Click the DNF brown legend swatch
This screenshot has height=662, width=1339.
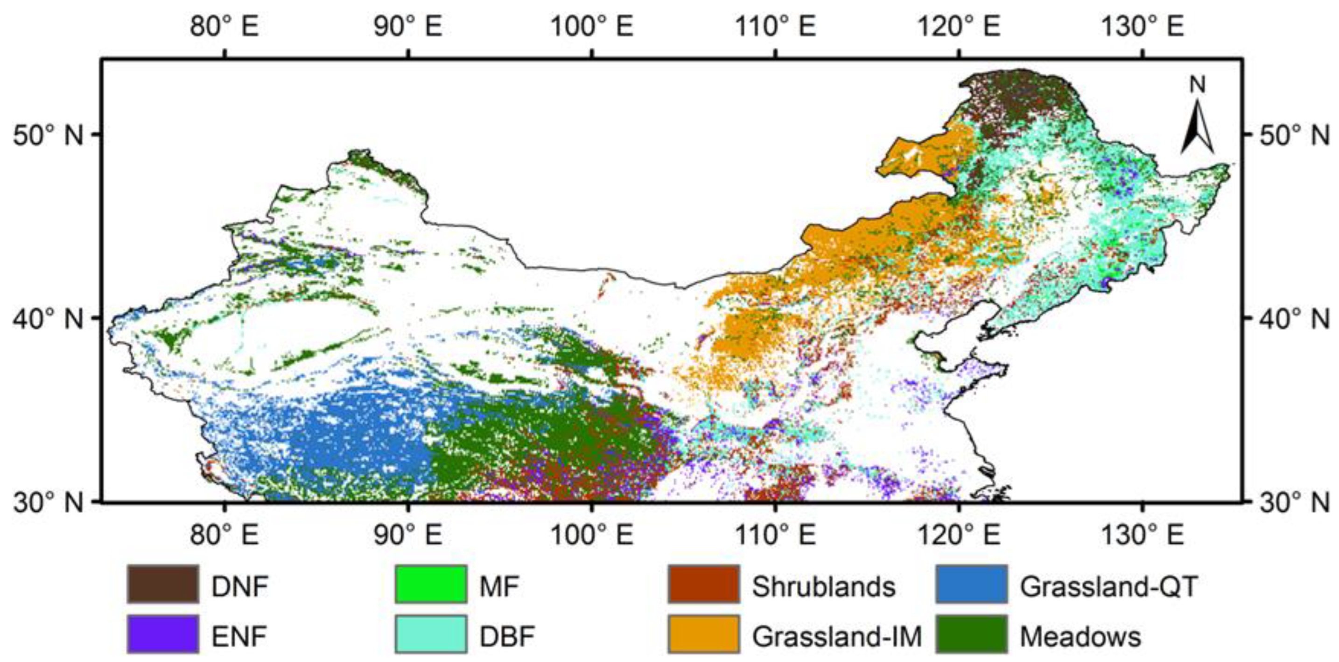163,584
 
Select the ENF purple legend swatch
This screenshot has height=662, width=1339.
163,634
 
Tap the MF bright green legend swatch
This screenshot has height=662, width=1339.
430,584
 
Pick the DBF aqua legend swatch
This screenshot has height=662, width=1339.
430,634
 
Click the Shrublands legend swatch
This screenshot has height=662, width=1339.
703,584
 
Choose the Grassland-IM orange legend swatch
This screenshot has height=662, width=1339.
703,634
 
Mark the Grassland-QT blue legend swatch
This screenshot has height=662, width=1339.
972,584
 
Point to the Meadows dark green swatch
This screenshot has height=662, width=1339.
972,634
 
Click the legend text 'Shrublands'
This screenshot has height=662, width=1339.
824,586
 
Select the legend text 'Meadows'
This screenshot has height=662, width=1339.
1080,636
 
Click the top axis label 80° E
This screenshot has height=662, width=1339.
224,27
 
